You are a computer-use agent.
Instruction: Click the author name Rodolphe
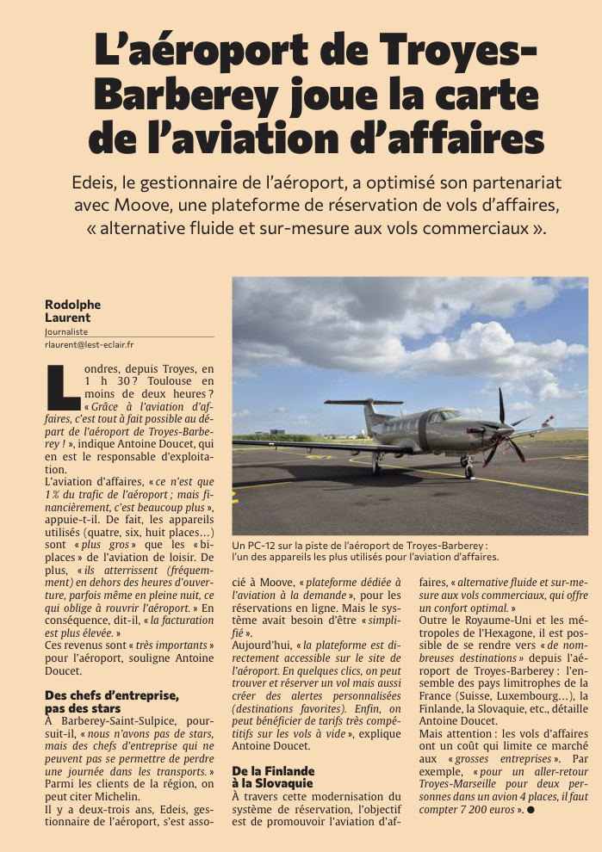click(x=72, y=304)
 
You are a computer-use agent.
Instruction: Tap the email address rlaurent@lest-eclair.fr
click(x=89, y=344)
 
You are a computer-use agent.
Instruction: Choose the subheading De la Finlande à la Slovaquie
click(x=273, y=777)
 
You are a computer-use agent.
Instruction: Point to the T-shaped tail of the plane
click(x=364, y=404)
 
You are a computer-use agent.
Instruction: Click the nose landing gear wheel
click(x=468, y=472)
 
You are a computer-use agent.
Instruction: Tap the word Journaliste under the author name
click(x=66, y=330)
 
